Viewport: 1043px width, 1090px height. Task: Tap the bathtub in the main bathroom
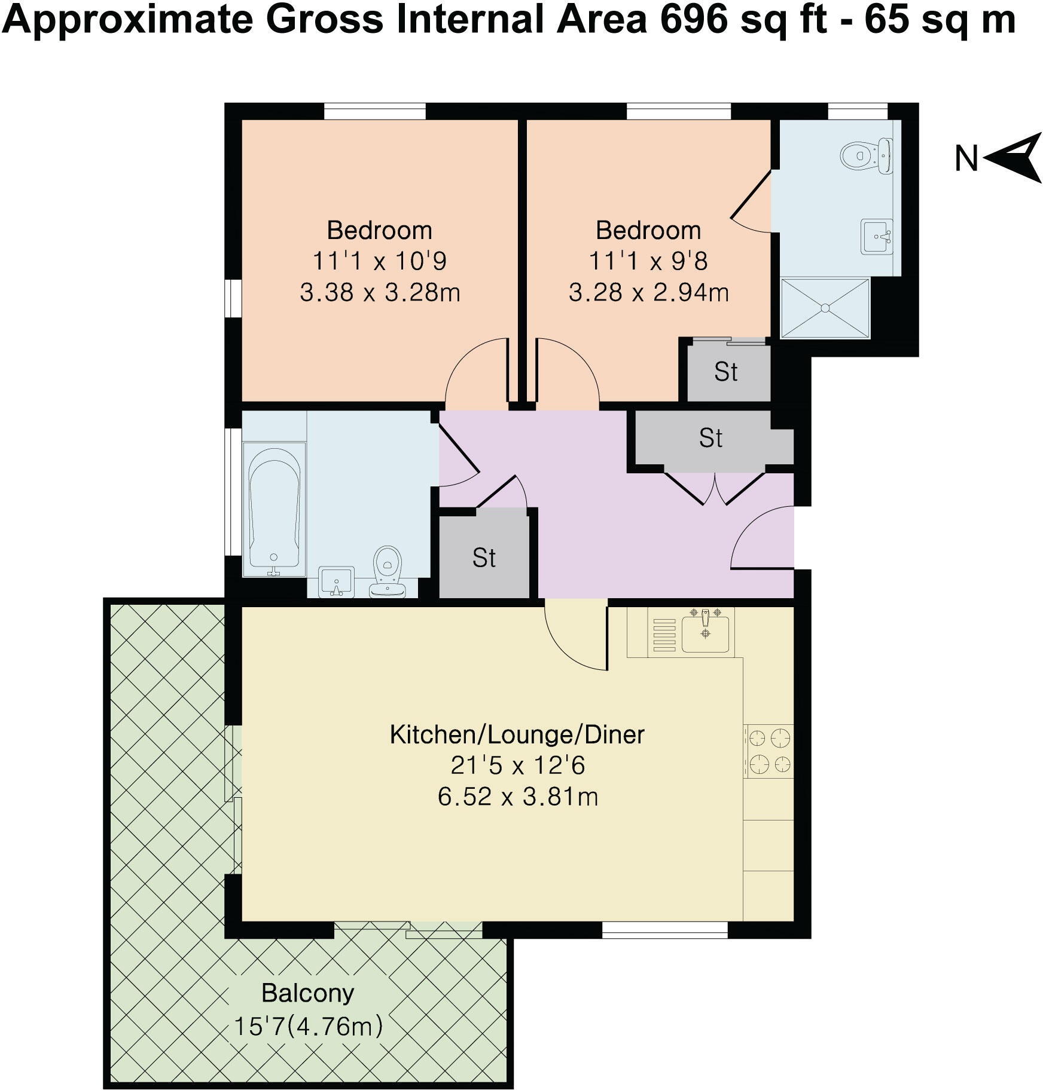pos(274,507)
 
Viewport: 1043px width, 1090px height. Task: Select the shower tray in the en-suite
pos(825,308)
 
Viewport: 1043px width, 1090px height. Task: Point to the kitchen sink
pos(706,633)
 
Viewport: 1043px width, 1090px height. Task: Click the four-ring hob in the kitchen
pos(769,751)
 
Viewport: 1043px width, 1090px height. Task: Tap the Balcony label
pos(307,993)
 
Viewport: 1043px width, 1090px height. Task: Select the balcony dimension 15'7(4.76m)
pos(307,1027)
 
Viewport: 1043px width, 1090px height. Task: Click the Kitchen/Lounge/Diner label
pos(517,734)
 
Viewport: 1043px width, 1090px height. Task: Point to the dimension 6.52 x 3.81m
pos(517,797)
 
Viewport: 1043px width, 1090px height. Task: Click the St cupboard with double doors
pos(710,439)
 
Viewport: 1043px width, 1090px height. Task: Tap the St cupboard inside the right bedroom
pos(727,372)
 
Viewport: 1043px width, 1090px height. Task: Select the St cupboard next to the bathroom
pos(484,558)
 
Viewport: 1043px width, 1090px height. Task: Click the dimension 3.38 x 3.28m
pos(379,293)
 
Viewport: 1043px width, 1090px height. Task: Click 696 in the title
pos(693,20)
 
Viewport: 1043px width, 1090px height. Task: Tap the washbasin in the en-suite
pos(876,237)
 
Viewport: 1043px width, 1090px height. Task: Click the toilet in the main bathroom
pos(387,571)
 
